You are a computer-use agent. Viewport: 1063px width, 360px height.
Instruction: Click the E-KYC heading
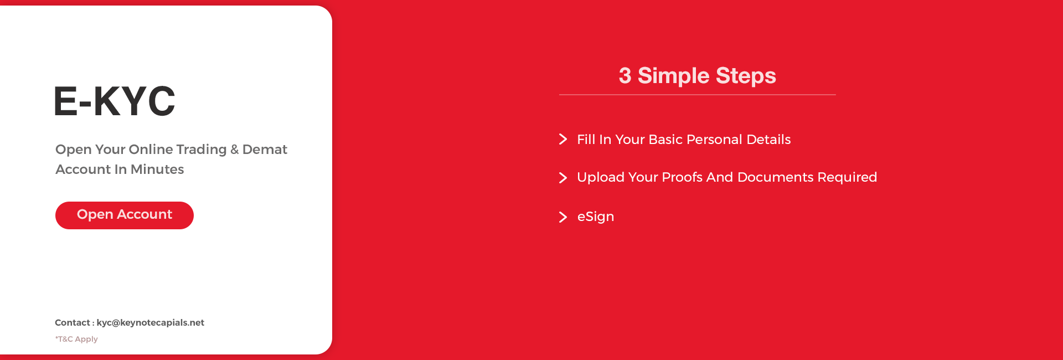115,101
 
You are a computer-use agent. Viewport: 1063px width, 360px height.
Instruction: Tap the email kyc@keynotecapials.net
151,322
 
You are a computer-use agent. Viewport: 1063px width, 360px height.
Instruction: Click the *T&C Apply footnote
76,339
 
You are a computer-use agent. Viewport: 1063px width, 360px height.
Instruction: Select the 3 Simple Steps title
698,76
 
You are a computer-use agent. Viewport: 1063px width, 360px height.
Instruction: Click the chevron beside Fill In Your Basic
563,139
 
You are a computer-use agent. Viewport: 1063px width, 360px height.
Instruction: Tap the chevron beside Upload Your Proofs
563,177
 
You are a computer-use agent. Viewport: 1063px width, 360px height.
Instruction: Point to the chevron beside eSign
563,217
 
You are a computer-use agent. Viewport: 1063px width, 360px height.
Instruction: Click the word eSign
596,217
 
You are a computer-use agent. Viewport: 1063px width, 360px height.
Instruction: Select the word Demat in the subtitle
265,150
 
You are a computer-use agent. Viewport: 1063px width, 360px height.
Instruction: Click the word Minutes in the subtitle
157,169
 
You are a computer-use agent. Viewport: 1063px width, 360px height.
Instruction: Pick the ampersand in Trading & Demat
235,150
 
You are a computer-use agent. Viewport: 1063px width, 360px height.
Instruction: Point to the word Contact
73,322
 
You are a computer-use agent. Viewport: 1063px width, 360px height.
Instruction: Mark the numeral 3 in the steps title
625,76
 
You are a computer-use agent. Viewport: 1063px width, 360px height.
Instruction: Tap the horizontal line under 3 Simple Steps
698,95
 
